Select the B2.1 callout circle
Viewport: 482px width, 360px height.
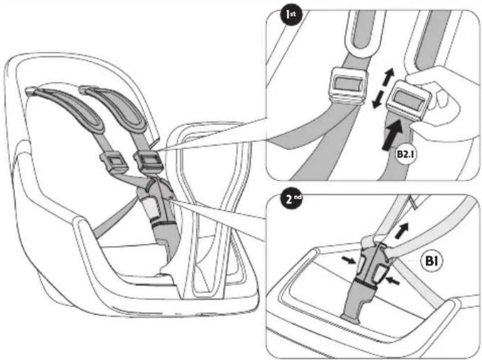click(x=405, y=154)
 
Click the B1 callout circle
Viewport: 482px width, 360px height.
click(x=432, y=261)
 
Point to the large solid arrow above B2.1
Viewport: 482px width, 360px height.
click(x=392, y=135)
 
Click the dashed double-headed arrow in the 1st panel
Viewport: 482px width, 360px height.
click(x=382, y=88)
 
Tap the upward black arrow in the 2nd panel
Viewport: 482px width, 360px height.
click(x=402, y=230)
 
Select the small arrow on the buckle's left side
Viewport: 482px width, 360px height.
click(x=348, y=261)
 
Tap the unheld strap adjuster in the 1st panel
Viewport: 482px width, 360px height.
click(x=348, y=86)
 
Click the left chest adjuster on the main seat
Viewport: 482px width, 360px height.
click(x=114, y=163)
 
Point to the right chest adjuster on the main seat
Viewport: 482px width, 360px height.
click(x=148, y=162)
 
